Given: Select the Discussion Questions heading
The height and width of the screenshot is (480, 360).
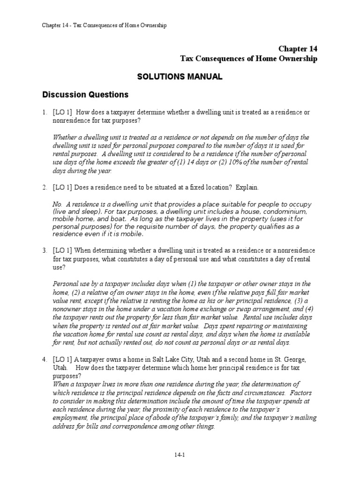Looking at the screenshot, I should (85, 95).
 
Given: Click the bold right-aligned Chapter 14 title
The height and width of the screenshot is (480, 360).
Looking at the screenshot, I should (298, 49).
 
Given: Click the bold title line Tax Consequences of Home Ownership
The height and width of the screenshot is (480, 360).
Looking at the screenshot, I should (249, 59).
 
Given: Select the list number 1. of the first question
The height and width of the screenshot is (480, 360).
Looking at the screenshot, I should (44, 112).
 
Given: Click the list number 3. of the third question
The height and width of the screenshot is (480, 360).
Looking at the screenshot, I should (44, 251).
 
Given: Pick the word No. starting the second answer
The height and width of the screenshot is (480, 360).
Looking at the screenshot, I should (58, 205).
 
